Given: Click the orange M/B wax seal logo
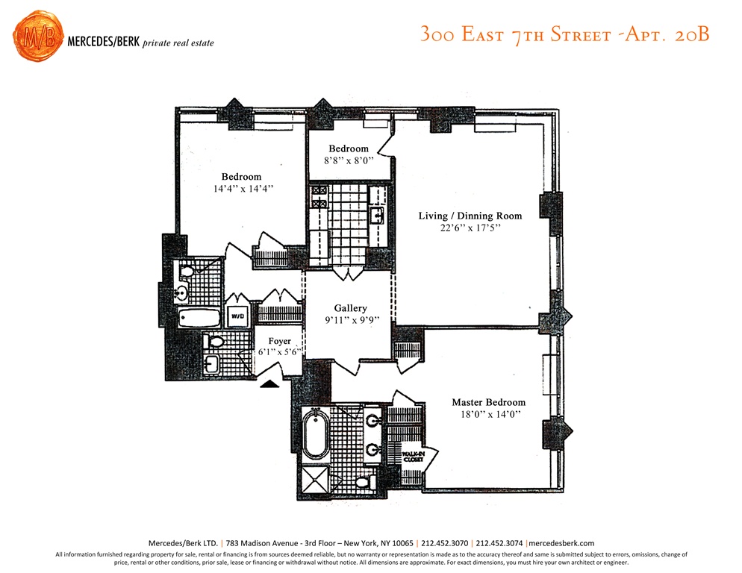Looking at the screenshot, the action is click(x=38, y=36).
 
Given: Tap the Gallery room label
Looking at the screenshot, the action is click(x=351, y=308).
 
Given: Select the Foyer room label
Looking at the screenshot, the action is click(x=280, y=341).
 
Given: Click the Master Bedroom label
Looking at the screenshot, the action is click(x=488, y=402).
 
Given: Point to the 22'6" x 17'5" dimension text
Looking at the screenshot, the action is click(x=470, y=228).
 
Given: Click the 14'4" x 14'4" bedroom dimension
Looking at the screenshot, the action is click(x=243, y=189).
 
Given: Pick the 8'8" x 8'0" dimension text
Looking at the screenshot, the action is click(x=349, y=160).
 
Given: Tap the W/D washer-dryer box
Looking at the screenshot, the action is click(x=237, y=316).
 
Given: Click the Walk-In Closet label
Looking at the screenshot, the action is click(x=414, y=457).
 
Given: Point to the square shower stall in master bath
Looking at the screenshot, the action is click(x=315, y=479).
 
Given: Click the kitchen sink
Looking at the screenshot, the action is click(x=377, y=216).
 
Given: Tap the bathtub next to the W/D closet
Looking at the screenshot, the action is click(x=199, y=318).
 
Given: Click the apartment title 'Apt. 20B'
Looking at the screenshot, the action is click(x=667, y=34).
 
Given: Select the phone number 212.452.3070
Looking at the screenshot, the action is click(x=444, y=543).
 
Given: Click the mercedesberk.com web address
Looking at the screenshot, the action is click(x=561, y=543).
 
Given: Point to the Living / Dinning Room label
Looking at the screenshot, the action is click(x=470, y=216).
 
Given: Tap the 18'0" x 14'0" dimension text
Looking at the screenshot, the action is click(x=490, y=415).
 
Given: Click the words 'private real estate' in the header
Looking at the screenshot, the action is click(x=178, y=43).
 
